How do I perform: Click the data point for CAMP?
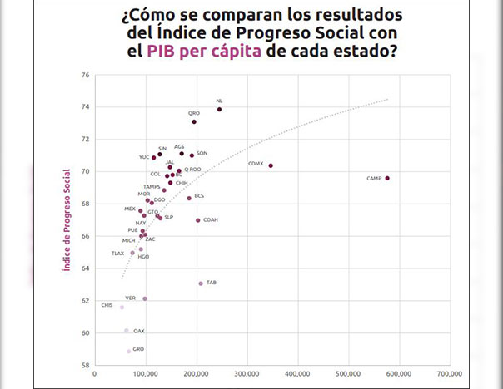click(387, 178)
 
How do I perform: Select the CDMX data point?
click(271, 165)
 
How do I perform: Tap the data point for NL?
click(219, 109)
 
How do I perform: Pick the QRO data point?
click(194, 122)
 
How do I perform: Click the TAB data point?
click(201, 283)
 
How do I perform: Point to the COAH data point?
click(197, 220)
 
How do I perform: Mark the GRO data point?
click(128, 351)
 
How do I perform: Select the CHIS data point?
click(122, 308)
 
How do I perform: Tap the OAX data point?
click(127, 331)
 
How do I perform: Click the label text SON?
click(202, 153)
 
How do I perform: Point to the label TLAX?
click(117, 253)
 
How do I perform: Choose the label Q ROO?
click(192, 169)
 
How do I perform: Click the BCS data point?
click(189, 198)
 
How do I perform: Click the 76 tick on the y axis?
click(84, 75)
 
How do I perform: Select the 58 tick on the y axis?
click(84, 365)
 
